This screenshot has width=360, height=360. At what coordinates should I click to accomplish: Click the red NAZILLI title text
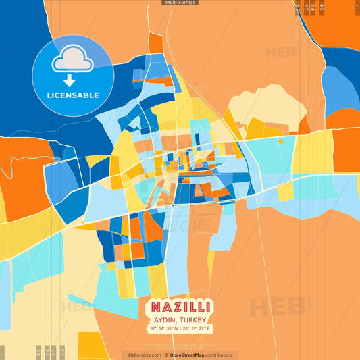[x=179, y=305]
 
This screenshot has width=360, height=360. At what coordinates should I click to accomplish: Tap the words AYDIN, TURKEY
[x=180, y=319]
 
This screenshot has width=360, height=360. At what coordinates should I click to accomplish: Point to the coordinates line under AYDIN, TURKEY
[x=180, y=328]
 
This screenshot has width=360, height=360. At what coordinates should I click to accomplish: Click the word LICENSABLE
[x=73, y=95]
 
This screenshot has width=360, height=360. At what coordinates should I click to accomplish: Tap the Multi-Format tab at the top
[x=180, y=3]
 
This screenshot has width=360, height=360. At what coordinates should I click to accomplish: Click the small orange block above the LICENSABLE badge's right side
[x=156, y=43]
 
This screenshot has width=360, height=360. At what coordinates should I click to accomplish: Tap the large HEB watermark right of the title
[x=270, y=307]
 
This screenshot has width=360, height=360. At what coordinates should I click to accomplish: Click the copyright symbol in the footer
[x=164, y=355]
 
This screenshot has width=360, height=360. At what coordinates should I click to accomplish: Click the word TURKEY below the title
[x=194, y=319]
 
